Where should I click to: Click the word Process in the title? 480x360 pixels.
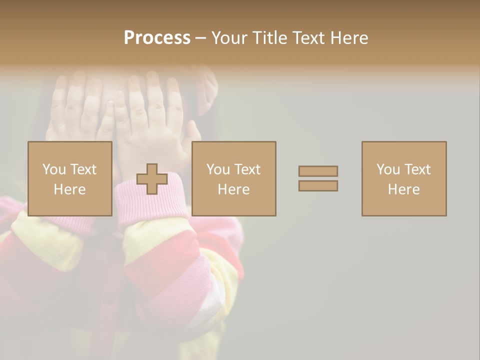coord(157,38)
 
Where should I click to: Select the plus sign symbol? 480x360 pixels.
coord(152,179)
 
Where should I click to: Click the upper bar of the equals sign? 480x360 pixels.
coord(318,171)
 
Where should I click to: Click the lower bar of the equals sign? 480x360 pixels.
coord(318,186)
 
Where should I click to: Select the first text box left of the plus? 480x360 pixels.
coord(70,178)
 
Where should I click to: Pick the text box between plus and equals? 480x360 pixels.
coord(234,178)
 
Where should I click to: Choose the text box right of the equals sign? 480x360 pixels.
coord(404,178)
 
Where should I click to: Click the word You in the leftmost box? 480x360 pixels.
coord(53,169)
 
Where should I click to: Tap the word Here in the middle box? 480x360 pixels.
coord(234,189)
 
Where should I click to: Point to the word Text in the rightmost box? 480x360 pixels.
coord(417,169)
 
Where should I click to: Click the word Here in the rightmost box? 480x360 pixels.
coord(404,189)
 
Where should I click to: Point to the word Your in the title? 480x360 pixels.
coord(228,38)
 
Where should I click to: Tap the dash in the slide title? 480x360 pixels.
coord(200,38)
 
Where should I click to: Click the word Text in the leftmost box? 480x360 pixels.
coord(83,169)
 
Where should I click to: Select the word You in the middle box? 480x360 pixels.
coord(217,169)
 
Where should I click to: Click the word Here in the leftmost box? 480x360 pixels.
coord(70,189)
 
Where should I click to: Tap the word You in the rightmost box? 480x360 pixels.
coord(387,169)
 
